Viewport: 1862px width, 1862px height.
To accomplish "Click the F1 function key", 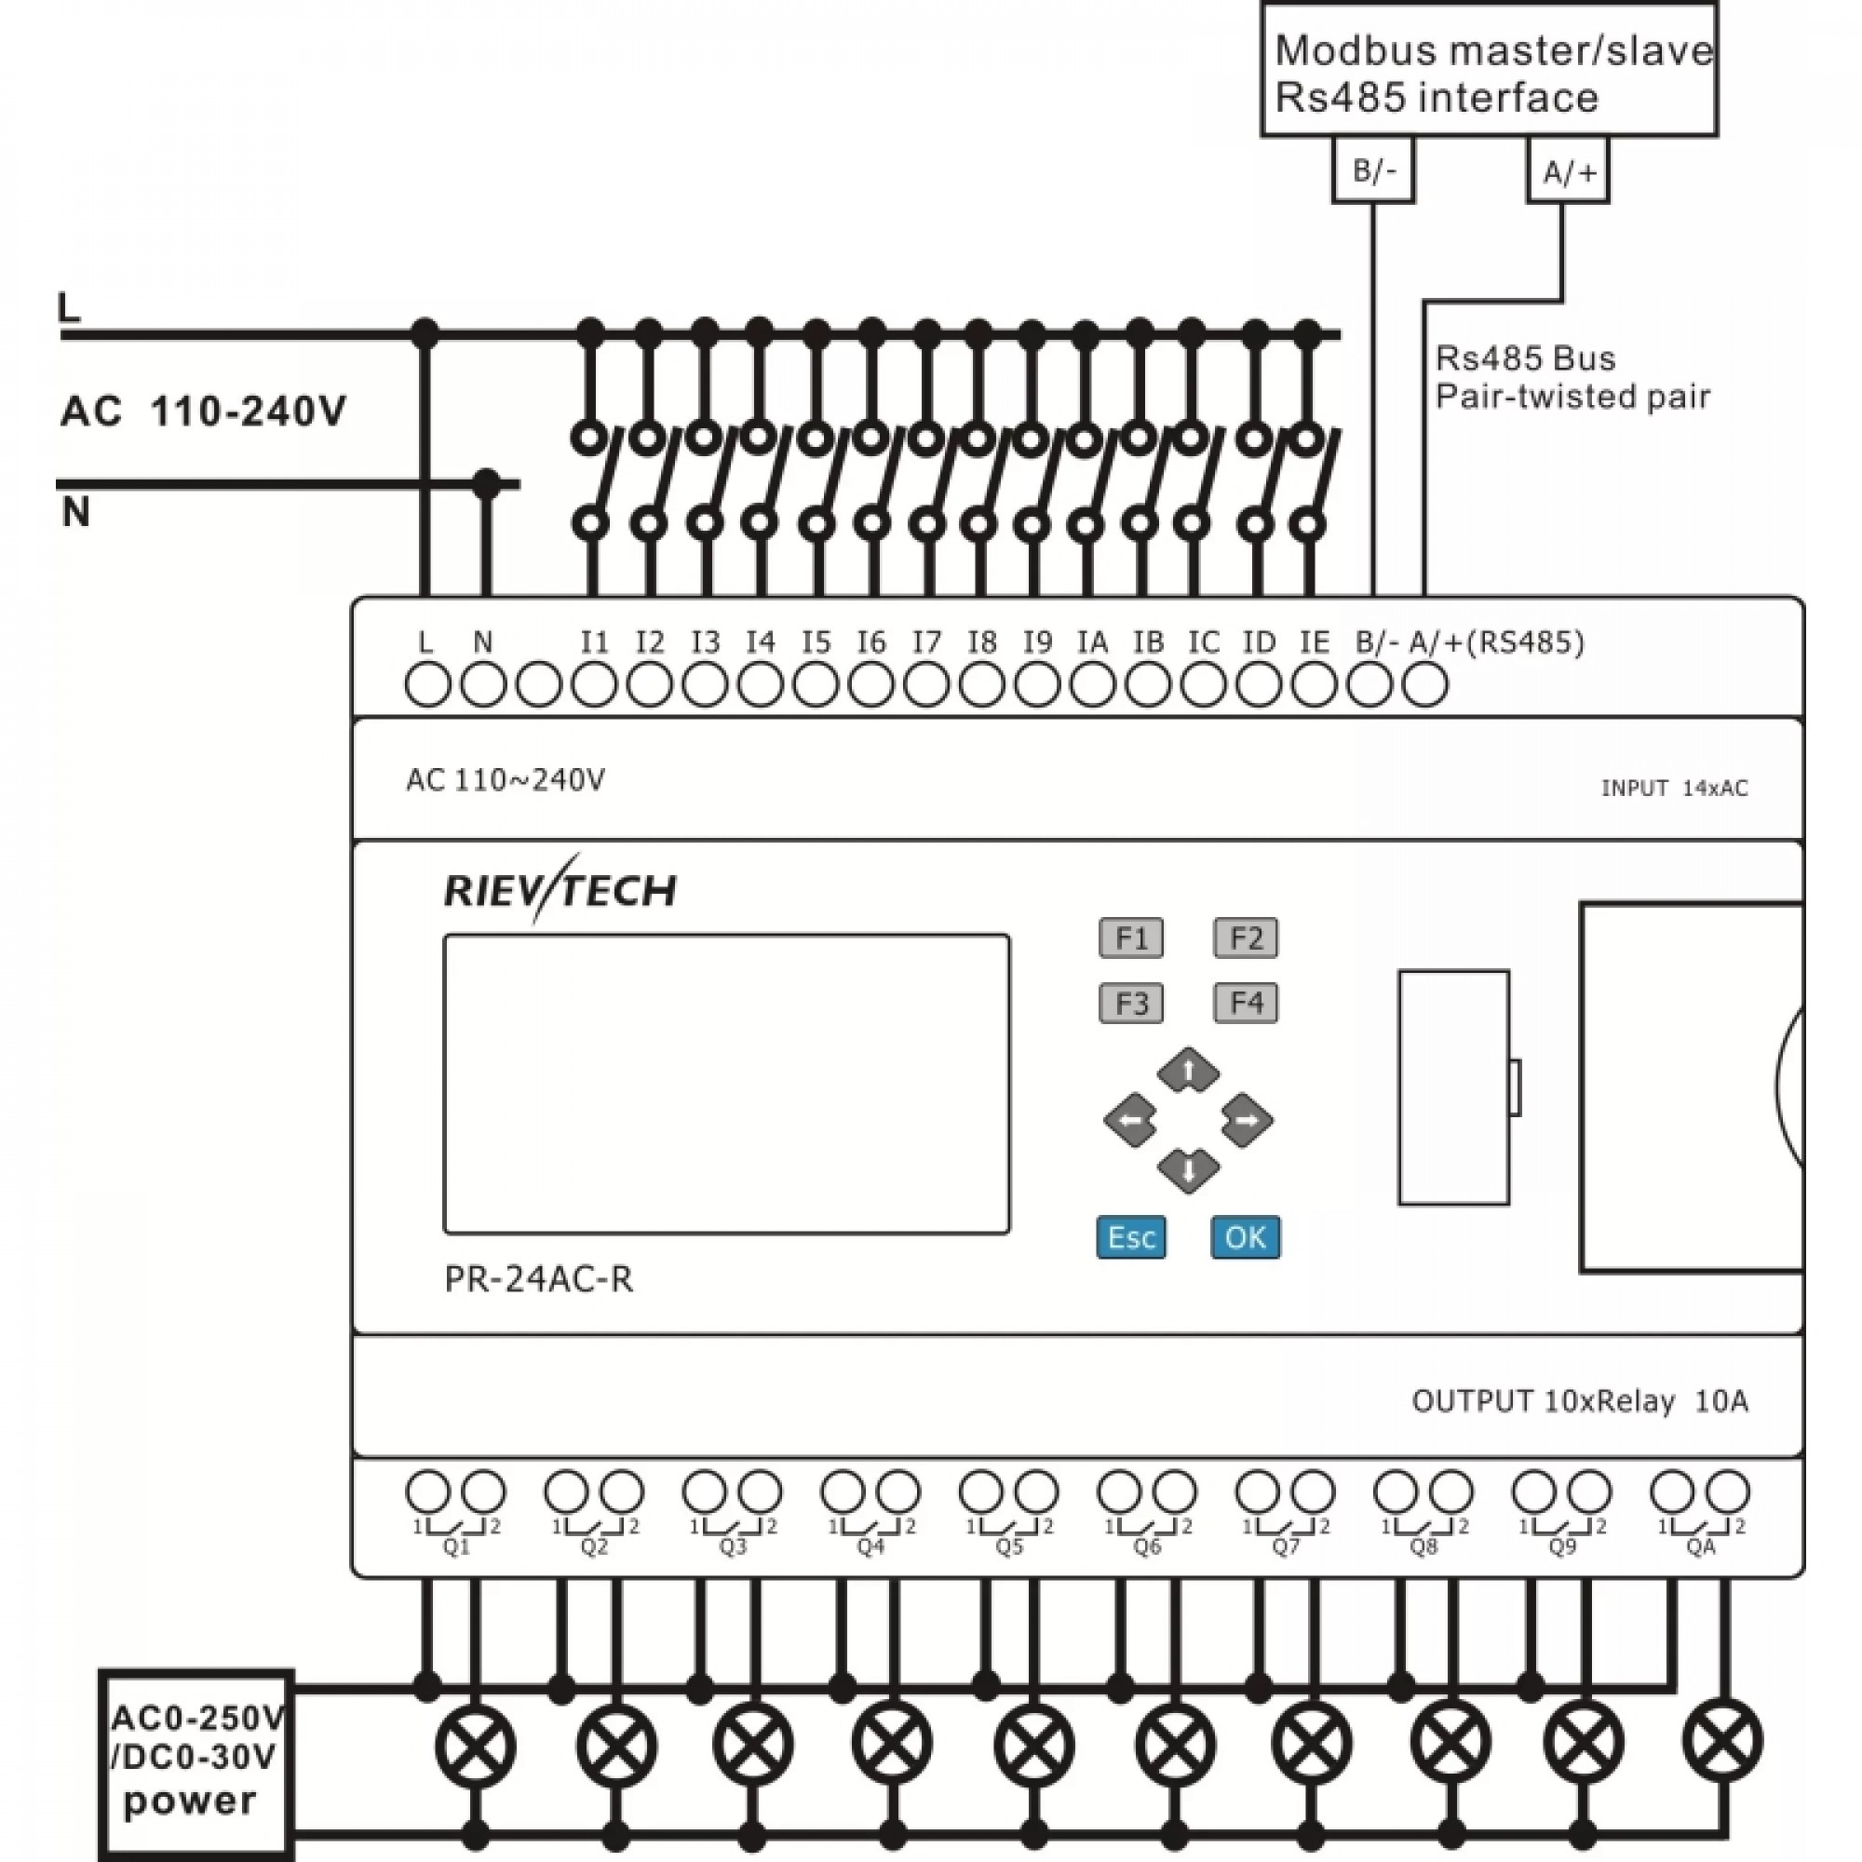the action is click(x=1130, y=938).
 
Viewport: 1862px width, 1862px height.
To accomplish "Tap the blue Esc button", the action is click(x=1130, y=1237).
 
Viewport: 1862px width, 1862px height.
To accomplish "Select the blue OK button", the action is click(x=1245, y=1237).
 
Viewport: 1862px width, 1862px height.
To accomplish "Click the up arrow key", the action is click(x=1188, y=1070).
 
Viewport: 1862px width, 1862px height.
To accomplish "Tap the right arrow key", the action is click(x=1248, y=1120).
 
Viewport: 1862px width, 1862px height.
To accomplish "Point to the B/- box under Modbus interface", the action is click(x=1373, y=170).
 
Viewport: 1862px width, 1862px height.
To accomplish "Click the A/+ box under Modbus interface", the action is click(x=1568, y=170).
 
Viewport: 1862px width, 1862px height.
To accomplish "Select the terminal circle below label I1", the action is click(x=594, y=686).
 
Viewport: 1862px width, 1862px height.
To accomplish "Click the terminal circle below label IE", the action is click(x=1314, y=686).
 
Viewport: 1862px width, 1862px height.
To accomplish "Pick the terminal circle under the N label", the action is click(x=483, y=686).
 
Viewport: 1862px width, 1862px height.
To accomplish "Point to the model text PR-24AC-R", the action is click(x=539, y=1279).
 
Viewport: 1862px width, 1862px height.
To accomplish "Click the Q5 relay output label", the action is click(x=1009, y=1546).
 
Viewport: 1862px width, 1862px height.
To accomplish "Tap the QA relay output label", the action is click(x=1701, y=1546).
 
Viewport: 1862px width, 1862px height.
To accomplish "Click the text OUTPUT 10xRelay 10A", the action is click(x=1580, y=1401).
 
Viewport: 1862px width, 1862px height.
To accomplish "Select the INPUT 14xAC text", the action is click(x=1674, y=789).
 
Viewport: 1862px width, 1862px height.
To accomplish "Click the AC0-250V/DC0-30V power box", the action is click(x=196, y=1762).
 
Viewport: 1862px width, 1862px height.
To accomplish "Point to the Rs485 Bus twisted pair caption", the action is click(x=1572, y=377).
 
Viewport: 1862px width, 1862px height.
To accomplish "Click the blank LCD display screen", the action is click(x=727, y=1085).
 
